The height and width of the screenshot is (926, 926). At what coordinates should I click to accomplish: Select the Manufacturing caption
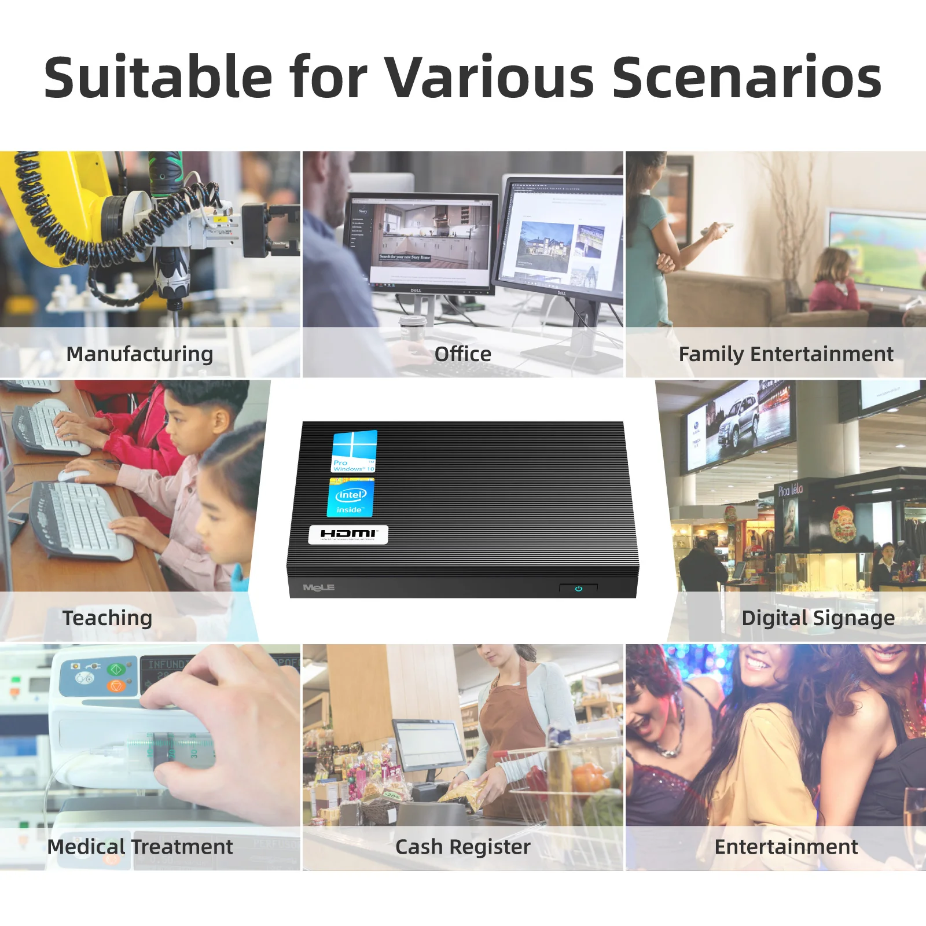coord(139,354)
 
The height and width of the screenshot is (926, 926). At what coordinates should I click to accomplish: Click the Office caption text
coord(462,354)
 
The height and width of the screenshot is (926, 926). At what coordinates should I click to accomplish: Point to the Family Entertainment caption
coord(785,354)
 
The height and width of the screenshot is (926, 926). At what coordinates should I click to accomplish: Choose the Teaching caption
coord(107,618)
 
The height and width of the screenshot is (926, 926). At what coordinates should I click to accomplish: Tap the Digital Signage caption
coord(818,618)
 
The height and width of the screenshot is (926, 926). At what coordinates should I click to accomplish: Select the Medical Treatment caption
coord(139,847)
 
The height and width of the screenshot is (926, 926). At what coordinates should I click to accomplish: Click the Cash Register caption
coord(462,847)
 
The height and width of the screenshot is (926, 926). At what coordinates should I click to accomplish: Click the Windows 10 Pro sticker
coord(354,451)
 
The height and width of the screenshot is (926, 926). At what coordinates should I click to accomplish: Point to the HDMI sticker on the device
coord(348,534)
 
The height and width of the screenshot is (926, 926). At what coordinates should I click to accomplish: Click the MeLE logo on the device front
coord(318,587)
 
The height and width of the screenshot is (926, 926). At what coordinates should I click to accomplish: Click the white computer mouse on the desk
coord(73,475)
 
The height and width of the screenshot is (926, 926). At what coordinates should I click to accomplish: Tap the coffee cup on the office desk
coord(413,330)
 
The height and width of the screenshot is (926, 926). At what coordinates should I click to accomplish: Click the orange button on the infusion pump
coord(116,686)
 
